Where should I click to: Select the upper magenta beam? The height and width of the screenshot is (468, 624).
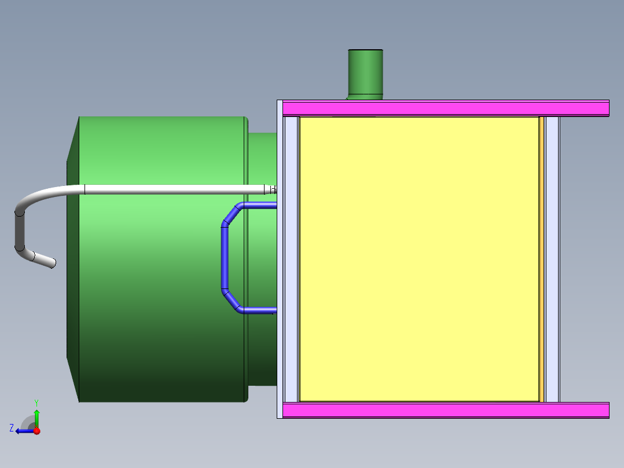coord(446,108)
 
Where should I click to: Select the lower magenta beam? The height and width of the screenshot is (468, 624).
coord(446,410)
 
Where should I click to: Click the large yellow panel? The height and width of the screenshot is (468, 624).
coord(419,259)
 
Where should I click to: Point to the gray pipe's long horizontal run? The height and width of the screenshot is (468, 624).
coord(174,189)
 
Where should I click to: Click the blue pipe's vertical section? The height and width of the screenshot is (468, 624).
coord(224,258)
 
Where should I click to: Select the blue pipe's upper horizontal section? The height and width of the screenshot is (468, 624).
coord(260,205)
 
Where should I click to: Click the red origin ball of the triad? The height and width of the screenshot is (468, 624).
coord(36,431)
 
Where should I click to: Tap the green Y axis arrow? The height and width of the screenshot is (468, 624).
coord(36,416)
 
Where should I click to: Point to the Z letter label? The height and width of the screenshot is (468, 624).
coord(12,427)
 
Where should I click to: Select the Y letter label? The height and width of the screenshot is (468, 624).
coord(36,401)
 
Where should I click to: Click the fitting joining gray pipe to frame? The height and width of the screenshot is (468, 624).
coord(270,189)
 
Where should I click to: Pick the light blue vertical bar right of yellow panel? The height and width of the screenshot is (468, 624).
coord(552,259)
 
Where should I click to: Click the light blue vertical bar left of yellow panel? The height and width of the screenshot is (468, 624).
coord(291,259)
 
